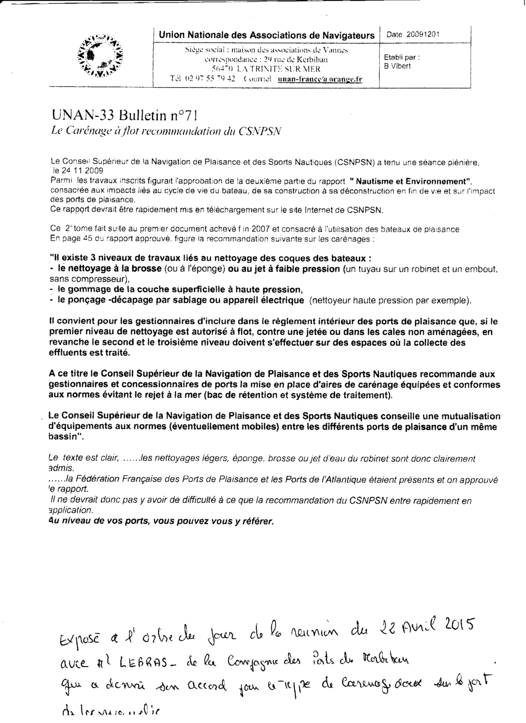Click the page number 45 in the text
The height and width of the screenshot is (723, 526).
pos(86,239)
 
